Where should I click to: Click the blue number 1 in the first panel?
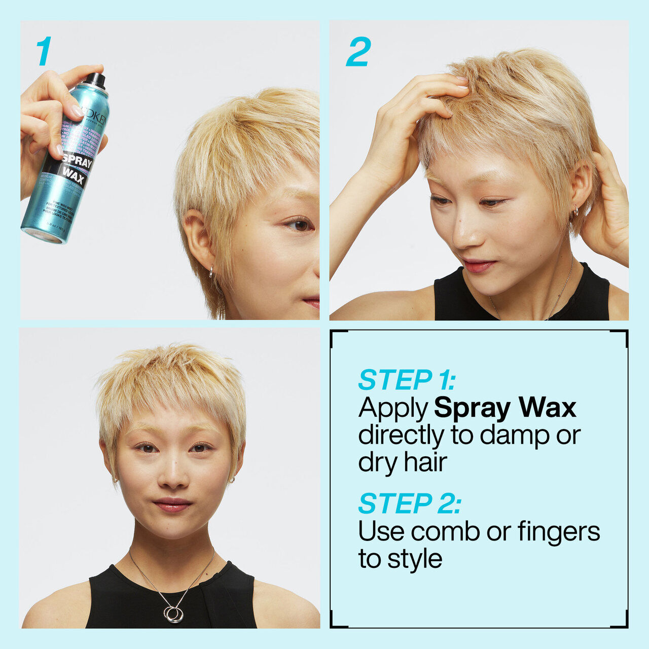pyautogui.click(x=44, y=51)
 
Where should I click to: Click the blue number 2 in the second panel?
pyautogui.click(x=358, y=52)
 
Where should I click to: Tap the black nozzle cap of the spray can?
pyautogui.click(x=95, y=80)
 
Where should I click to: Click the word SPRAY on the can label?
pyautogui.click(x=78, y=161)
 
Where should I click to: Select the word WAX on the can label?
pyautogui.click(x=73, y=175)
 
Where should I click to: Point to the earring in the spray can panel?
pyautogui.click(x=210, y=272)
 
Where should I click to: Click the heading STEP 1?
pyautogui.click(x=407, y=380)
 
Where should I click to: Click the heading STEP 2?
pyautogui.click(x=409, y=503)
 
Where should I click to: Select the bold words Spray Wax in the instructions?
pyautogui.click(x=505, y=408)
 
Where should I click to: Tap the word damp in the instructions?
pyautogui.click(x=515, y=435)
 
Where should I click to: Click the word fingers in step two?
pyautogui.click(x=559, y=532)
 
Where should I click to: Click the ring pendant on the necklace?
pyautogui.click(x=174, y=614)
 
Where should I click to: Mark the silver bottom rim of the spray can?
pyautogui.click(x=43, y=235)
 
